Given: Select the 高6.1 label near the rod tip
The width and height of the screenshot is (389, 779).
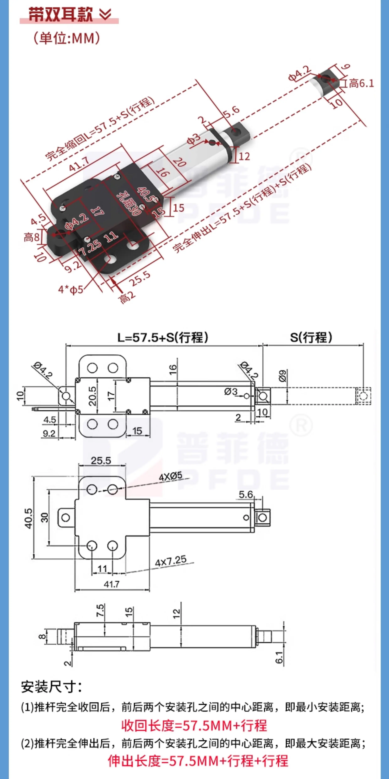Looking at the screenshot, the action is click(x=361, y=83).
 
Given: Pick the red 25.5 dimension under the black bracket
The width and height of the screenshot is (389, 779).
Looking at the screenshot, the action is click(x=140, y=278).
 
